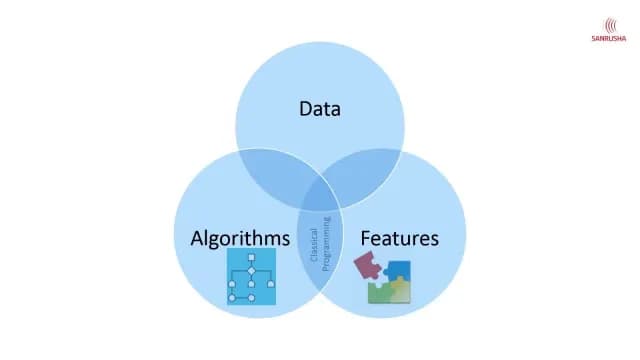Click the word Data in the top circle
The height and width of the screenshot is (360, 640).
(x=320, y=107)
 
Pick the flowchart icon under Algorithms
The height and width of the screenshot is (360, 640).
(x=251, y=278)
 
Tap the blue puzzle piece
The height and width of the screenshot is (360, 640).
(x=399, y=271)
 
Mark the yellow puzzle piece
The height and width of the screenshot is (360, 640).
(x=400, y=290)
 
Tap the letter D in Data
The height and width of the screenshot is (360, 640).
(x=305, y=107)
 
